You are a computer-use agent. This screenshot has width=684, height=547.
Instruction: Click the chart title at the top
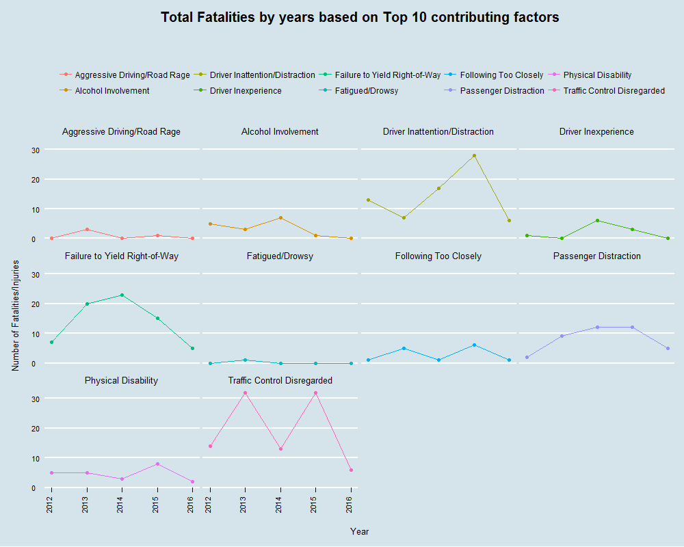pyautogui.click(x=360, y=17)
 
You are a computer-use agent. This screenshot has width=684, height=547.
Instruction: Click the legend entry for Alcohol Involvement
pyautogui.click(x=112, y=91)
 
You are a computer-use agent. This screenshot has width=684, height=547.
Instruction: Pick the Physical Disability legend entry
pyautogui.click(x=597, y=75)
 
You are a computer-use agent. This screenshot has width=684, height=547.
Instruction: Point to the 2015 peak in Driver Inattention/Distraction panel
pyautogui.click(x=474, y=156)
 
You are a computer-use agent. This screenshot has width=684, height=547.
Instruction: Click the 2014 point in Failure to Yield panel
pyautogui.click(x=122, y=295)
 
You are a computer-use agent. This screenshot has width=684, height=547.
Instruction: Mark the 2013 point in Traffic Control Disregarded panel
pyautogui.click(x=245, y=392)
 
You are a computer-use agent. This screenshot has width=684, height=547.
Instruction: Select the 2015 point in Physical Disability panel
pyautogui.click(x=157, y=464)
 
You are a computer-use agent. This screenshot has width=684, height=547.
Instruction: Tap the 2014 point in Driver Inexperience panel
pyautogui.click(x=597, y=220)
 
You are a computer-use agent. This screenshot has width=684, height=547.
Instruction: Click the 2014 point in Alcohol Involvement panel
pyautogui.click(x=280, y=217)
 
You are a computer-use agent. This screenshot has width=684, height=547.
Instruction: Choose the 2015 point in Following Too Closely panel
pyautogui.click(x=474, y=345)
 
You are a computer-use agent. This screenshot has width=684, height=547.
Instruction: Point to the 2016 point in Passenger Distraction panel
pyautogui.click(x=668, y=348)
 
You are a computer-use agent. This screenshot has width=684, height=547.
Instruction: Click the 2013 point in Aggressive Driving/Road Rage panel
pyautogui.click(x=87, y=229)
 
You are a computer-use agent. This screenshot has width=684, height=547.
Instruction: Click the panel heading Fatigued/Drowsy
pyautogui.click(x=280, y=256)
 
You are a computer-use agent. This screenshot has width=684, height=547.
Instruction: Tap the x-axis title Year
pyautogui.click(x=360, y=531)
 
